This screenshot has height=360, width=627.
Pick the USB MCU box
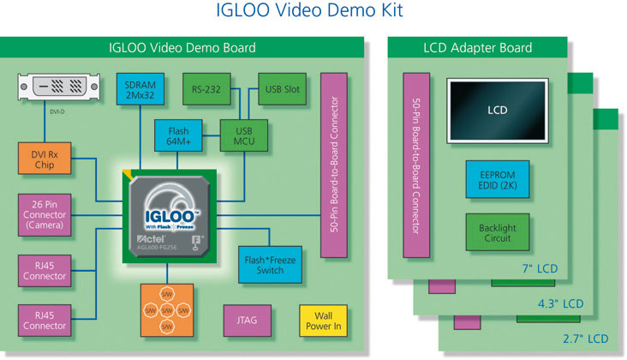(x=244, y=135)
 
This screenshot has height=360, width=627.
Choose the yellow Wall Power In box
(x=321, y=321)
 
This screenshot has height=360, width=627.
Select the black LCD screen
(x=497, y=111)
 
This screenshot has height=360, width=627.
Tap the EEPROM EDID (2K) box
(x=498, y=180)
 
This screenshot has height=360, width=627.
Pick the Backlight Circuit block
(x=498, y=232)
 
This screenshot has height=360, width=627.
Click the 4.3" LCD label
(x=562, y=303)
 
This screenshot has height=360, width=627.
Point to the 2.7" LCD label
(x=587, y=339)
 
